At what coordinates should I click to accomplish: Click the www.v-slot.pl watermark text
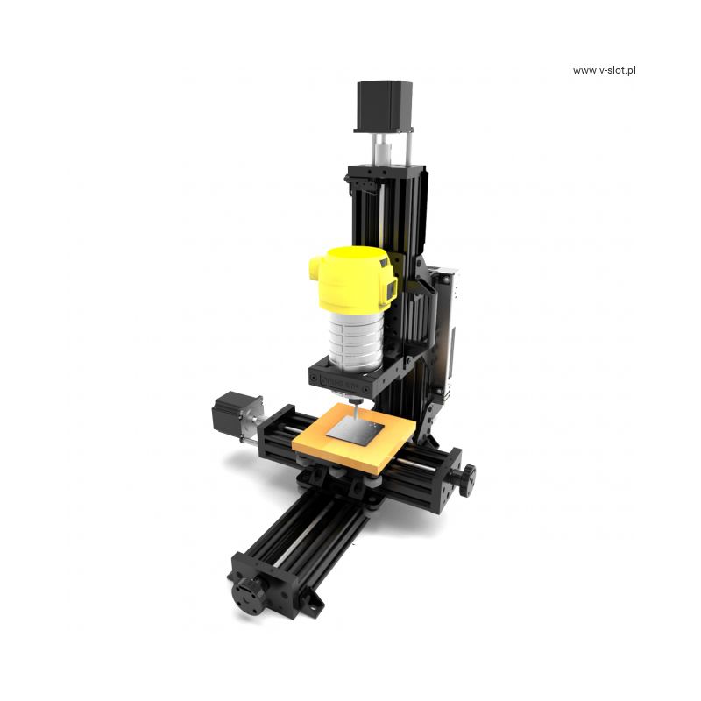pos(604,71)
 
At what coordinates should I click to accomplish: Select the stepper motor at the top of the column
pos(384,106)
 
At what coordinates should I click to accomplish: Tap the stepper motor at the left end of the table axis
pos(233,412)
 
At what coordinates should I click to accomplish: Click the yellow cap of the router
pos(352,279)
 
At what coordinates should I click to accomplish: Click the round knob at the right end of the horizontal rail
pos(467,480)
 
